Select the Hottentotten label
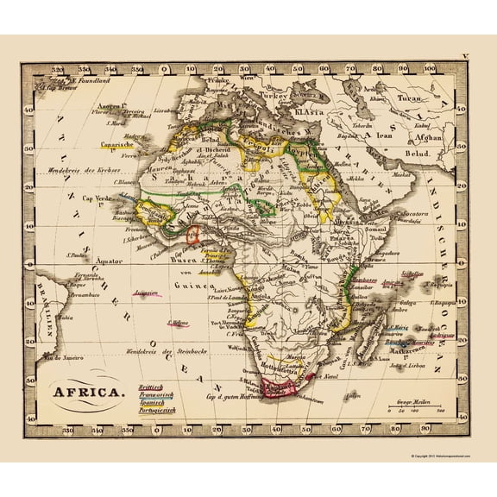point(276,365)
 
